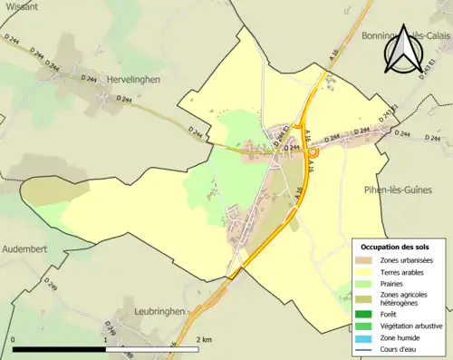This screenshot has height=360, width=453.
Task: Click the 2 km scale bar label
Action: [x=205, y=340]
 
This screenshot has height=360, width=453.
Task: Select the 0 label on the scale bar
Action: [x=14, y=340]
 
